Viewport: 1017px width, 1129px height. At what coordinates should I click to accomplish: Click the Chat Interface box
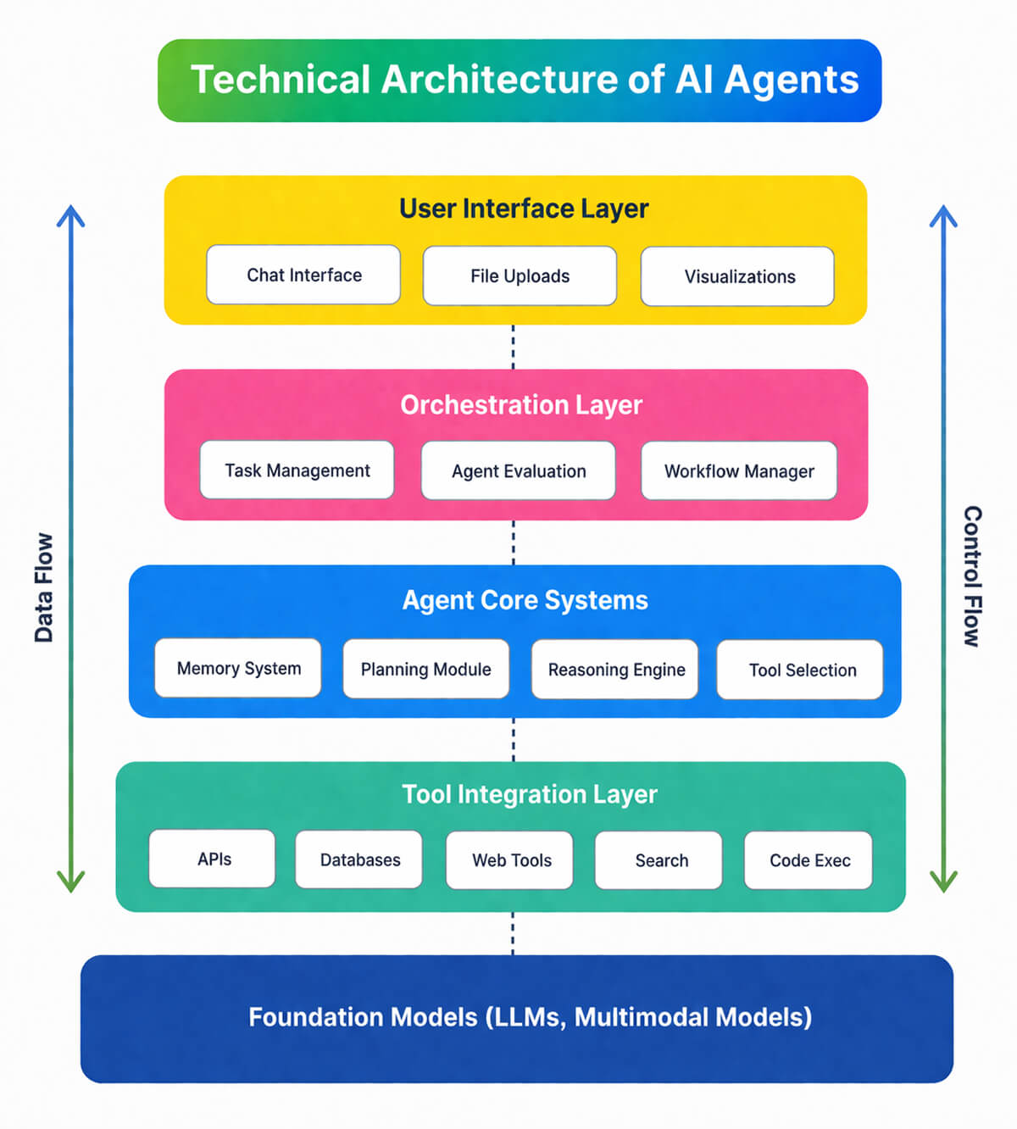pos(303,275)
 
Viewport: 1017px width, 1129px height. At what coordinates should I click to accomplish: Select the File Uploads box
pos(520,275)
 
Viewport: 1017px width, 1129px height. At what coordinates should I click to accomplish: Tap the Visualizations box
pos(737,276)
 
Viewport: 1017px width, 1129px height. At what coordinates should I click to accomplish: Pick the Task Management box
pos(297,470)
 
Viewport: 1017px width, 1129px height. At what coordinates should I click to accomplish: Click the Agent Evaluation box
pos(518,470)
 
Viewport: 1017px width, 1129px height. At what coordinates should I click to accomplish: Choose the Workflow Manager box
pos(739,470)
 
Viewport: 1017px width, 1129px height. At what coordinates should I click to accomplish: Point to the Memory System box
pos(238,668)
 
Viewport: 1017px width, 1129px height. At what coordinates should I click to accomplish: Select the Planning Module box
pos(425,669)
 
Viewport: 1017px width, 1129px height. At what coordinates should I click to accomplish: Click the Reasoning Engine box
pos(615,670)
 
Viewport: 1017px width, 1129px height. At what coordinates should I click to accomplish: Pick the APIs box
pos(213,859)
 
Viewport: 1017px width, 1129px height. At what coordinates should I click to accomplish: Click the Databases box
pos(359,859)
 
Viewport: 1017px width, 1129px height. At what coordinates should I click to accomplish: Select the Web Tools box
pos(510,860)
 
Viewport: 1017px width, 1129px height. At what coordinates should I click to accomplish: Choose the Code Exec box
pos(809,860)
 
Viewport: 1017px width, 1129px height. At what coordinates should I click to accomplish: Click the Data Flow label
pos(43,587)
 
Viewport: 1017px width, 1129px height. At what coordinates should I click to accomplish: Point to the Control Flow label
pos(972,576)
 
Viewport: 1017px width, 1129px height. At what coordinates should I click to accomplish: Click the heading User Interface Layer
pos(524,209)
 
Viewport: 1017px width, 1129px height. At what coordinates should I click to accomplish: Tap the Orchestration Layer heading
pos(521,404)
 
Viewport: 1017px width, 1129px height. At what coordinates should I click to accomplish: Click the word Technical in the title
pos(281,80)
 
